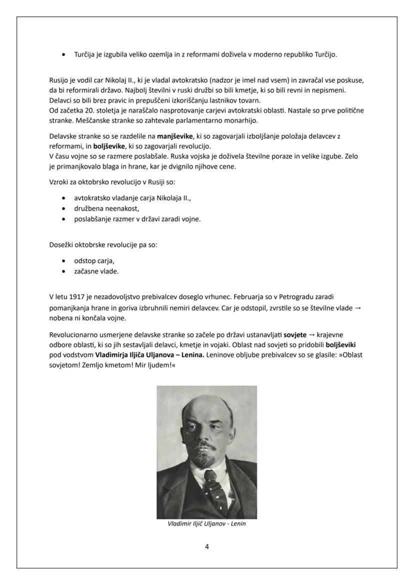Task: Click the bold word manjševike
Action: [x=174, y=136]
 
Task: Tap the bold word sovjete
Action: [x=294, y=335]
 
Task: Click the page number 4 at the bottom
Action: [x=207, y=547]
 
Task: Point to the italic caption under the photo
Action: [x=207, y=524]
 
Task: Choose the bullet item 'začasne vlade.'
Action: [x=96, y=271]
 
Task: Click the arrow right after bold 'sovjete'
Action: [x=312, y=335]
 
